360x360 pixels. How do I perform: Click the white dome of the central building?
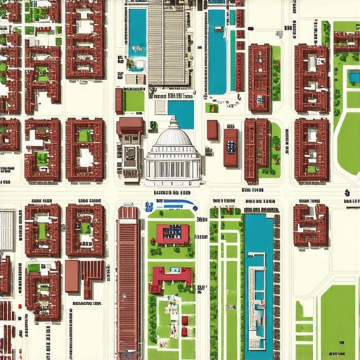click(173, 133)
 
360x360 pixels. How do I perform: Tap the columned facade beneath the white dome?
click(173, 169)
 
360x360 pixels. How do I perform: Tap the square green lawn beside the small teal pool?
click(134, 100)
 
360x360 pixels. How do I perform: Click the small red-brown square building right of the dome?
click(212, 130)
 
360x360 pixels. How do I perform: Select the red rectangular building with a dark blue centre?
click(231, 148)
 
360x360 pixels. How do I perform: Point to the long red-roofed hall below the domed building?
click(128, 281)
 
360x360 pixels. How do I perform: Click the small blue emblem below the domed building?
click(149, 207)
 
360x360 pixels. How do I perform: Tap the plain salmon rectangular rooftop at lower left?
click(72, 276)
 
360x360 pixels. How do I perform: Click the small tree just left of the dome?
click(153, 125)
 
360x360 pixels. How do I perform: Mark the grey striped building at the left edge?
click(6, 229)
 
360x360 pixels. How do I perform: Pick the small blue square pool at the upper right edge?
click(354, 77)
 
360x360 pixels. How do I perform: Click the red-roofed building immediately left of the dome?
click(130, 127)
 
